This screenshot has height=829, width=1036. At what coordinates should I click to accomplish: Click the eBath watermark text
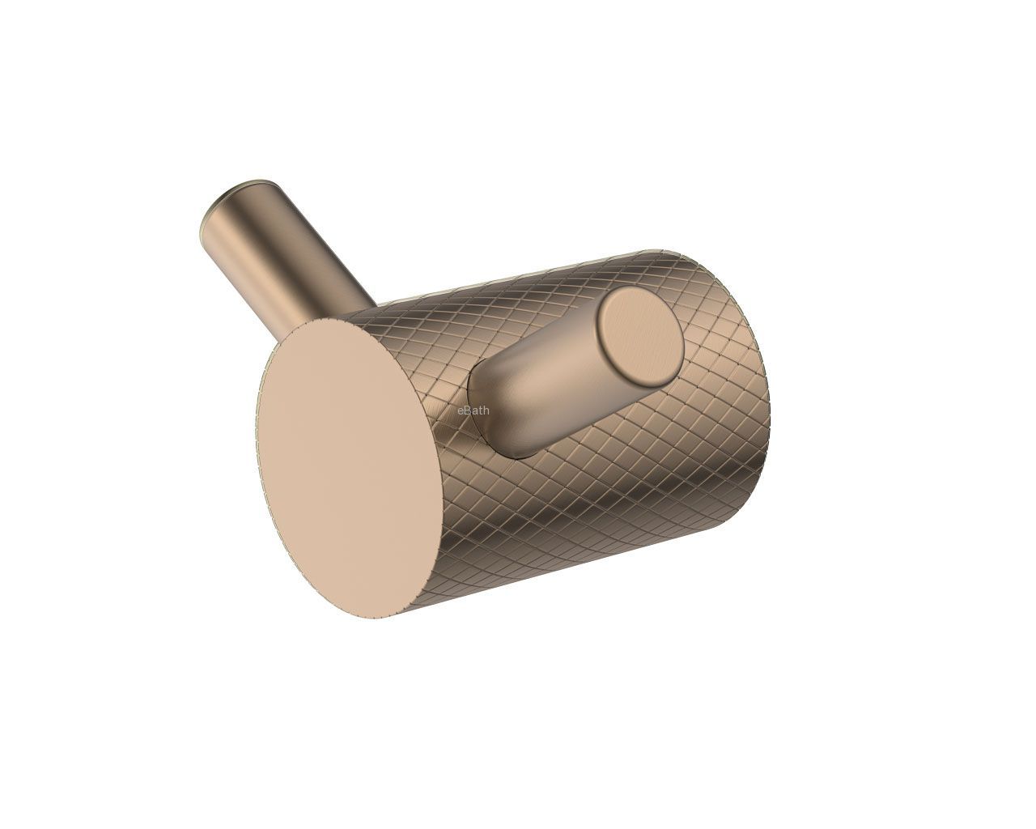473,410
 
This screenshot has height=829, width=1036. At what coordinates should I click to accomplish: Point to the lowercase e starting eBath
460,411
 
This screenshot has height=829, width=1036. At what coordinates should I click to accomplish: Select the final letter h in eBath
486,410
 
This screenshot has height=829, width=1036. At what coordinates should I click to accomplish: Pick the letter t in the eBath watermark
480,411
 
